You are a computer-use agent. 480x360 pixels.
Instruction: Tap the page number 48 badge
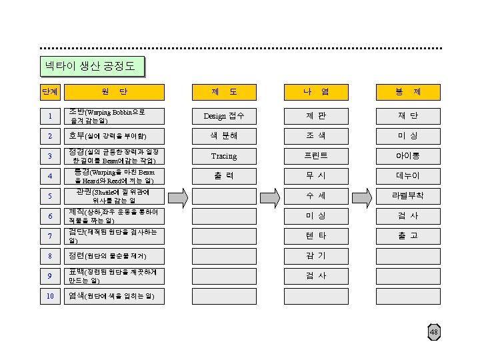pos(434,332)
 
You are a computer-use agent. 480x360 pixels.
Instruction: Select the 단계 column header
pos(49,92)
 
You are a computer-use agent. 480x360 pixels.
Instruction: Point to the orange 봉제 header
pos(407,92)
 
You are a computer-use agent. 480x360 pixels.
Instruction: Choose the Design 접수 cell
pos(224,116)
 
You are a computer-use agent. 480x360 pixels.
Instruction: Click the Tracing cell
pos(224,156)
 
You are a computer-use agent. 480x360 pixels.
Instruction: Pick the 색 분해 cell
pos(224,136)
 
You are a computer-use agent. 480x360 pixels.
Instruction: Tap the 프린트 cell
pos(315,156)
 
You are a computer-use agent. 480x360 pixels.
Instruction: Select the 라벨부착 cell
pos(407,197)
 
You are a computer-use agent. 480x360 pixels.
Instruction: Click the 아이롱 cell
pos(407,156)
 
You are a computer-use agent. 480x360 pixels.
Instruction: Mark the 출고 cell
pos(407,236)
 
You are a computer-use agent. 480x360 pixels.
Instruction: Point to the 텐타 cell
pos(315,236)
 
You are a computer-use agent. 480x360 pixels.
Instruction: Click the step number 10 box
pos(50,295)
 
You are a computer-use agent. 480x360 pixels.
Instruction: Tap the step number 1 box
pos(50,117)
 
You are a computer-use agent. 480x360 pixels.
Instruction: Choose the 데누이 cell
pos(407,176)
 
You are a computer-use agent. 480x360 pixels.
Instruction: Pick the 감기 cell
pos(315,256)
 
